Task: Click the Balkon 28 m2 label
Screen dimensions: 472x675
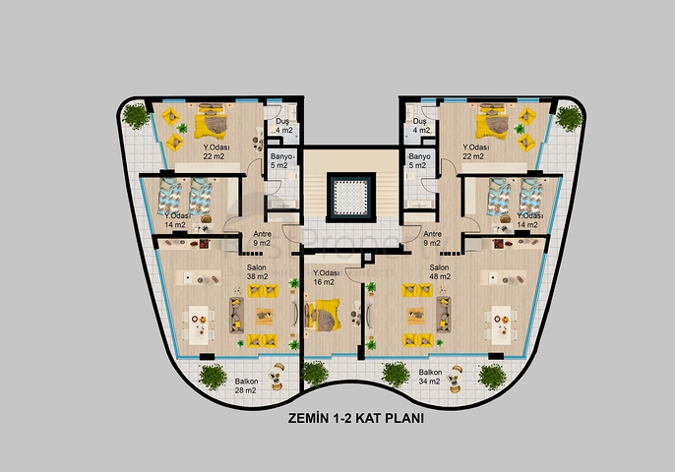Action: click(x=245, y=384)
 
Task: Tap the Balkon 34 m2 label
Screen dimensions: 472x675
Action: click(x=429, y=378)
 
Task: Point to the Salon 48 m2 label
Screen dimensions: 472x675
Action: click(x=439, y=272)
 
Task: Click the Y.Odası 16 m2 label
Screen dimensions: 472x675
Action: click(x=326, y=277)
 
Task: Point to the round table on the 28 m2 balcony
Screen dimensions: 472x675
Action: click(x=278, y=376)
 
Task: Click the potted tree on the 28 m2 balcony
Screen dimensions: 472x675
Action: click(x=212, y=376)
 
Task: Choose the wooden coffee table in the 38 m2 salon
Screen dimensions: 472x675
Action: click(x=264, y=316)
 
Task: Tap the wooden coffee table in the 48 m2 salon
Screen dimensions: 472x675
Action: click(x=417, y=316)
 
